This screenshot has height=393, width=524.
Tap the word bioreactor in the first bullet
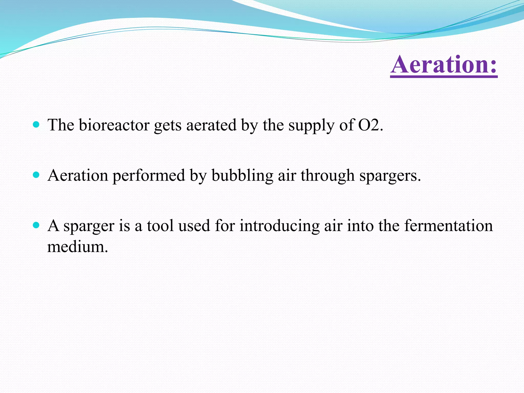[x=114, y=125]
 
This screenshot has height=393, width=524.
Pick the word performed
[x=149, y=176]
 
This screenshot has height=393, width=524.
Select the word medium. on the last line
[x=78, y=247]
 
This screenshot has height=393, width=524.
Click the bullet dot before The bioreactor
[x=36, y=125]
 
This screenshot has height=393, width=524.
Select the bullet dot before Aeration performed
[x=36, y=175]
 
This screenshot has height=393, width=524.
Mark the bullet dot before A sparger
[x=36, y=225]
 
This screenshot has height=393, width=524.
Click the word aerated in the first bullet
[x=211, y=125]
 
